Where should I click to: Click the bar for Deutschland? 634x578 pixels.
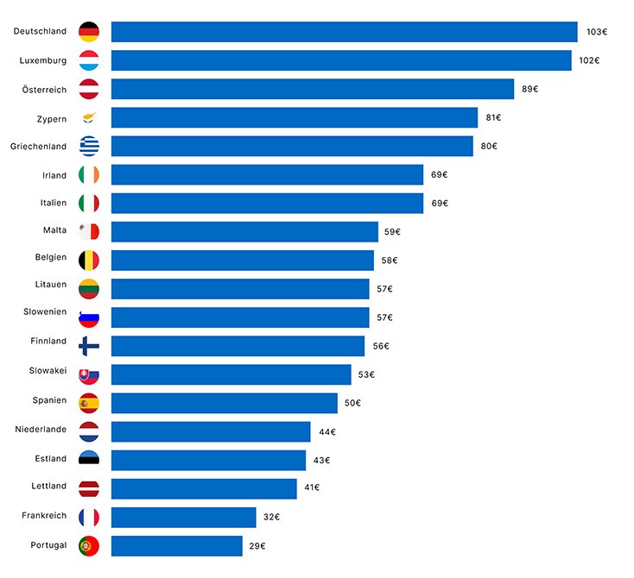coord(344,32)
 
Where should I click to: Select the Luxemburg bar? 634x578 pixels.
coord(341,60)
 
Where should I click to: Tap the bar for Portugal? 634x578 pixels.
coord(176,546)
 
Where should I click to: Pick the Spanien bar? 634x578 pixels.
coord(224,403)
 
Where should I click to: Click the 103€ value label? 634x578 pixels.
coord(597,32)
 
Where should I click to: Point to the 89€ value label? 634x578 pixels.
coord(529,89)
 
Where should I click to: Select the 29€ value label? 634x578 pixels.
coord(257,546)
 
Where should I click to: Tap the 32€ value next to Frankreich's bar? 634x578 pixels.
coord(271,518)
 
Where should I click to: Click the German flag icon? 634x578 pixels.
coord(89,32)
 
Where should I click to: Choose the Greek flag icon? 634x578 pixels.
coord(89,146)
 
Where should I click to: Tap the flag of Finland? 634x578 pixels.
coord(89,346)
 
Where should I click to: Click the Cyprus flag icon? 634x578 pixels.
coord(89,117)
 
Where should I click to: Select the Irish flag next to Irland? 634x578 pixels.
coord(89,175)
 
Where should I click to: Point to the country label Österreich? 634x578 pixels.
coord(44,89)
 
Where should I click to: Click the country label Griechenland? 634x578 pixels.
coord(38,147)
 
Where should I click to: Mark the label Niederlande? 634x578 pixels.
coord(41,429)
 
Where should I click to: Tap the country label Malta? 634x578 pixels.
coord(54,230)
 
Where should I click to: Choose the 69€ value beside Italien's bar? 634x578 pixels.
coord(440,204)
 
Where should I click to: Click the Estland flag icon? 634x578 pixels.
coord(89,460)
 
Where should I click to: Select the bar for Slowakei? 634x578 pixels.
coord(231,374)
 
